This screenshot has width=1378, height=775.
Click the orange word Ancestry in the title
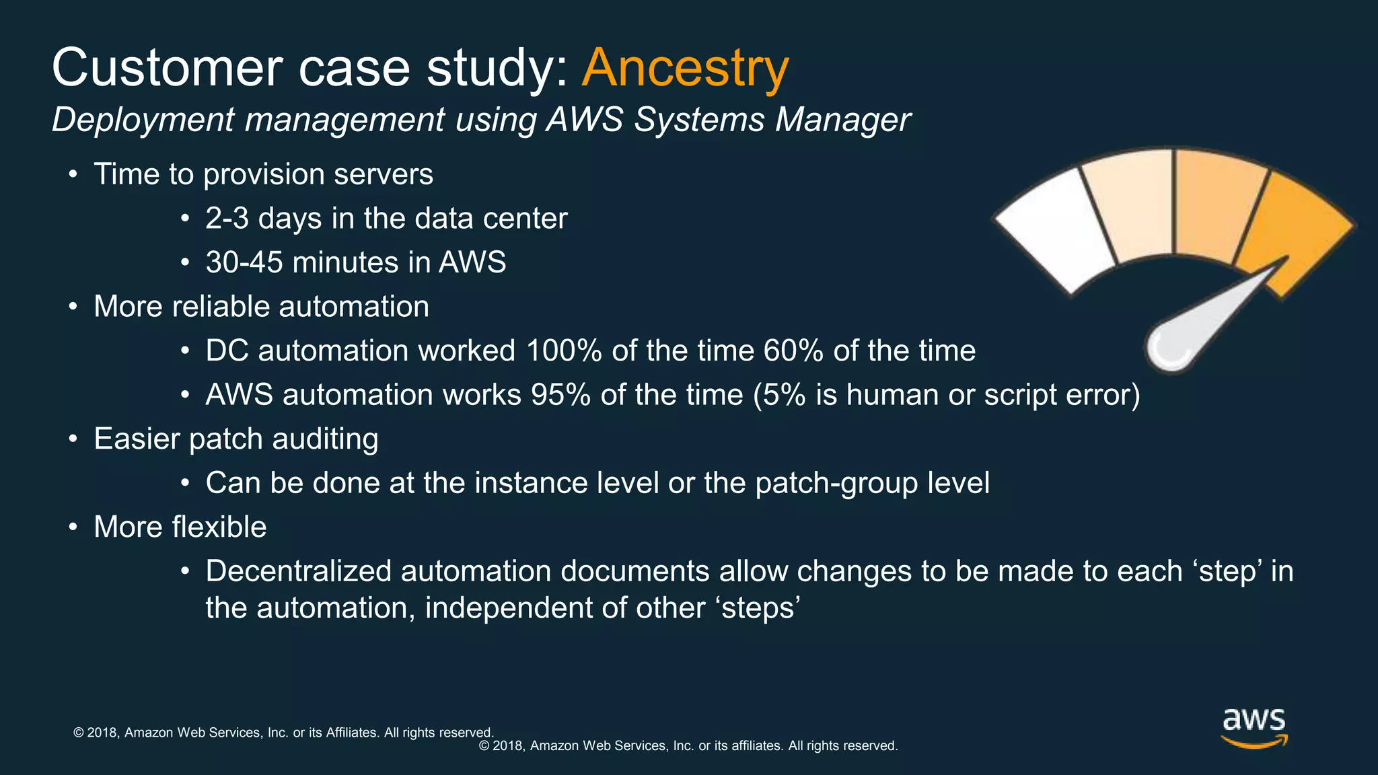[x=685, y=68]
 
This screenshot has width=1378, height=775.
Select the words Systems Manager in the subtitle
[x=772, y=120]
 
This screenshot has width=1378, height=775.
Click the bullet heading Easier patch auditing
[x=235, y=439]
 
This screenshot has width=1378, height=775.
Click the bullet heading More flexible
[x=180, y=527]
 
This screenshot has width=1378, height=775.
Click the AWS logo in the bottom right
[x=1254, y=729]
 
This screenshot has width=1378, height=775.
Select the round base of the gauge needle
[x=1171, y=346]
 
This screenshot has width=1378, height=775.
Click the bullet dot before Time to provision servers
[x=73, y=175]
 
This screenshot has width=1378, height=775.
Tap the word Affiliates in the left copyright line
[x=352, y=733]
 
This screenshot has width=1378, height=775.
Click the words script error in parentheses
[x=1059, y=395]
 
